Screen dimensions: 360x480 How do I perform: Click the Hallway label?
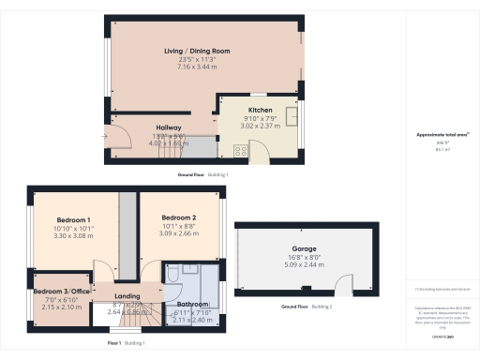tap(169, 128)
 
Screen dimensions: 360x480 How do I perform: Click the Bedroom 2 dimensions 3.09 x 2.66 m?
tap(178, 233)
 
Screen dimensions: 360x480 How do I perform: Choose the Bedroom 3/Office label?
tap(61, 292)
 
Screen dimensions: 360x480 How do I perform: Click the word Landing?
tap(127, 296)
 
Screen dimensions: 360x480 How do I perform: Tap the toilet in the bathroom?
tap(174, 273)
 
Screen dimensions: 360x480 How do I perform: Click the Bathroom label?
tap(194, 305)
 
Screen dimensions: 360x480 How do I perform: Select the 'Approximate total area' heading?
tap(442, 135)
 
